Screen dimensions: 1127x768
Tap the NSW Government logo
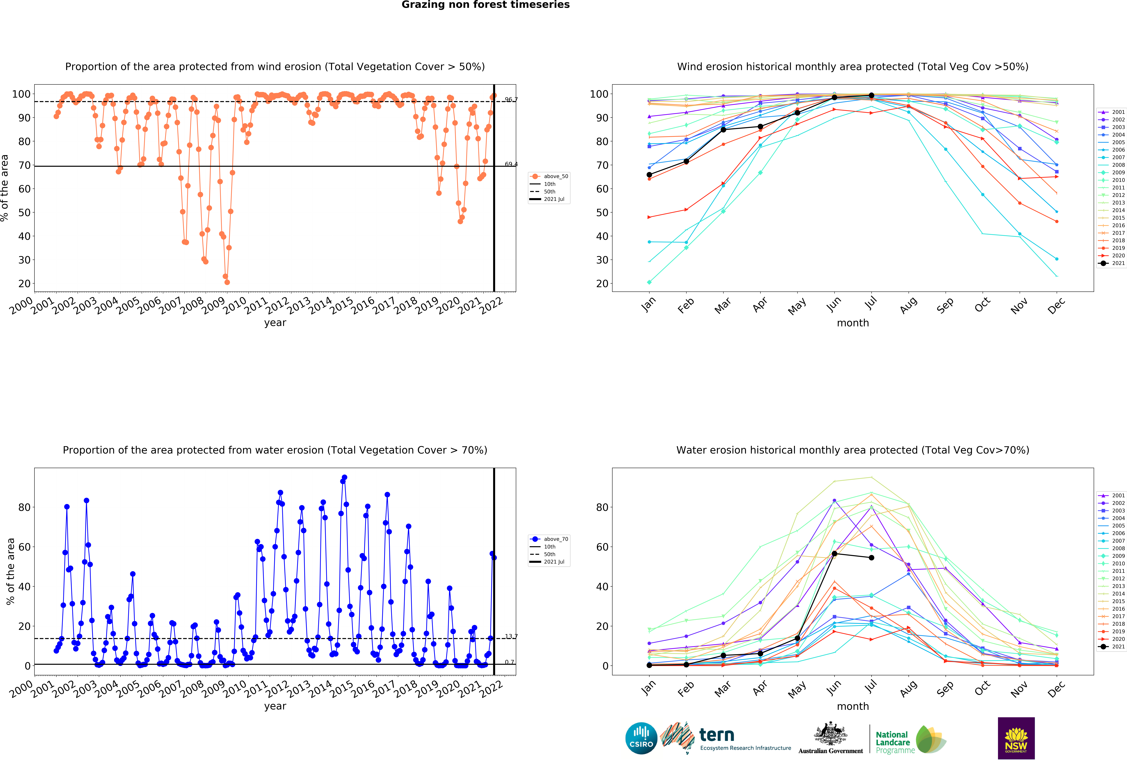(x=1016, y=738)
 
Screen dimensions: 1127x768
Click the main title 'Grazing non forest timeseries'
(x=485, y=5)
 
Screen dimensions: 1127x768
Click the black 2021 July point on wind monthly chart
(x=871, y=96)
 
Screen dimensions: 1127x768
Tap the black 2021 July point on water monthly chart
(x=871, y=558)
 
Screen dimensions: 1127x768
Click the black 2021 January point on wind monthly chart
(x=649, y=175)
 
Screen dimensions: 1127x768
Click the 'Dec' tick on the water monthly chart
(x=1056, y=689)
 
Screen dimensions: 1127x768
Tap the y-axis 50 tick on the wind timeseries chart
(x=24, y=212)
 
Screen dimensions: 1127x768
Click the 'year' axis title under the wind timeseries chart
(x=275, y=323)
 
